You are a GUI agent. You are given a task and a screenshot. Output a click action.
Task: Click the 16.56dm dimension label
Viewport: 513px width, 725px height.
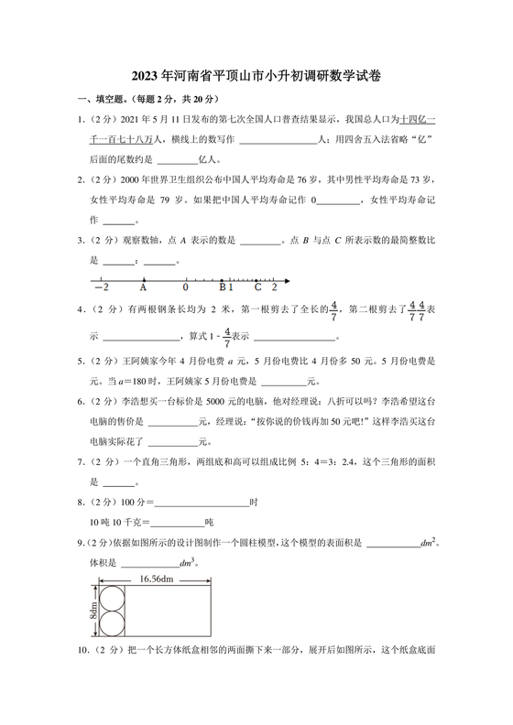click(158, 579)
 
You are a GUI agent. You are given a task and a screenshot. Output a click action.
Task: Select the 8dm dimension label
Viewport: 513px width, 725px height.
click(93, 611)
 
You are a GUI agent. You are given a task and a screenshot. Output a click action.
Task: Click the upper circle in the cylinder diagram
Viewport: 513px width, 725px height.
click(115, 599)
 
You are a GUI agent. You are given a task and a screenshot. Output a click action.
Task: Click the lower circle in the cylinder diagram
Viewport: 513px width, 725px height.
click(115, 625)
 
